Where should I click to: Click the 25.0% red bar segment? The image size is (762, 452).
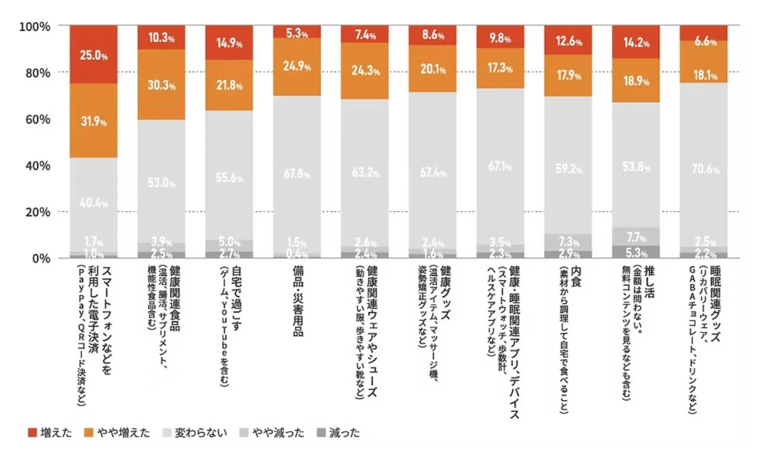point(93,55)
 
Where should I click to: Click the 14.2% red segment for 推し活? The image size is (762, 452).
point(636,42)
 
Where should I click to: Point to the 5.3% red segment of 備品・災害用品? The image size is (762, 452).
point(297,32)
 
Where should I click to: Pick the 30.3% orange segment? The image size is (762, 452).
point(161,84)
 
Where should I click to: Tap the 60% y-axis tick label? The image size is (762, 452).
point(37,119)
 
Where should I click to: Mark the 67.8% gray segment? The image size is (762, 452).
point(297,175)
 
